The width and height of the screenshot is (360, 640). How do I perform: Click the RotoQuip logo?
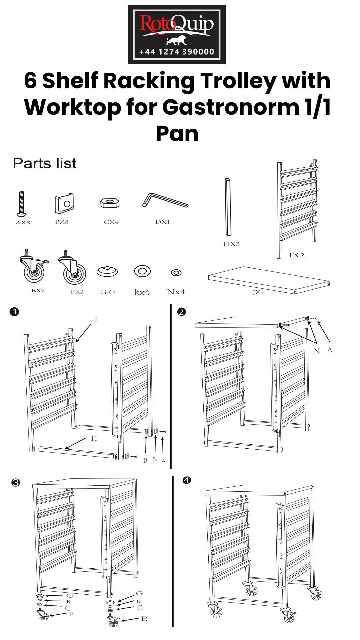pyautogui.click(x=176, y=35)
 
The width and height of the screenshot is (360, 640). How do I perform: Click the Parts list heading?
pyautogui.click(x=44, y=163)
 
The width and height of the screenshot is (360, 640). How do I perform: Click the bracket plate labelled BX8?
pyautogui.click(x=64, y=203)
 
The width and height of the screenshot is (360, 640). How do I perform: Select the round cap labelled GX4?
pyautogui.click(x=107, y=271)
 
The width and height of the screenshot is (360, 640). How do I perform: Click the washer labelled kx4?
pyautogui.click(x=142, y=271)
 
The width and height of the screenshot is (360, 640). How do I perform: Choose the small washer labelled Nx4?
pyautogui.click(x=176, y=273)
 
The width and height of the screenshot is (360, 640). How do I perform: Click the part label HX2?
pyautogui.click(x=231, y=244)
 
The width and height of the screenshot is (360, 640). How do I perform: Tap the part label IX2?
pyautogui.click(x=296, y=255)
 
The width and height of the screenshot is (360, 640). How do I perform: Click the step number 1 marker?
pyautogui.click(x=14, y=312)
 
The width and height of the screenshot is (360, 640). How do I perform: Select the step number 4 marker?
pyautogui.click(x=187, y=480)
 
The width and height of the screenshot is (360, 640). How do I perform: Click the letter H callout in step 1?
pyautogui.click(x=94, y=439)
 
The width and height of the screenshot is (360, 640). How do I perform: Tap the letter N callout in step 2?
pyautogui.click(x=317, y=351)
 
